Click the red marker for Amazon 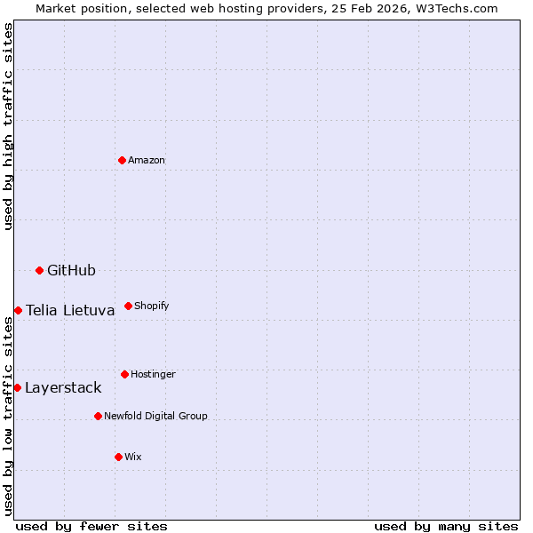click(122, 160)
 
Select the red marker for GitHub click(39, 270)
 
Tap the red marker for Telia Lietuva click(18, 310)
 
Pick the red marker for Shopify click(128, 306)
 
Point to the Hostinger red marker click(124, 374)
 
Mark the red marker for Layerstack click(17, 387)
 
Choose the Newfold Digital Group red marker click(98, 416)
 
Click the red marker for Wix click(118, 457)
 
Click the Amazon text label click(147, 160)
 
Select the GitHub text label click(71, 270)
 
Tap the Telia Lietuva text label click(70, 310)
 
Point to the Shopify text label click(152, 306)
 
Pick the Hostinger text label click(153, 374)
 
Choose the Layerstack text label click(63, 387)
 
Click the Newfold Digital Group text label click(155, 416)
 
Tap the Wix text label click(133, 457)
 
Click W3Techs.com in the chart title click(460, 8)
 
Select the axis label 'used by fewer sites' click(91, 526)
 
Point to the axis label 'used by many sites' click(446, 526)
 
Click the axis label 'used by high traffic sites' click(8, 126)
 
